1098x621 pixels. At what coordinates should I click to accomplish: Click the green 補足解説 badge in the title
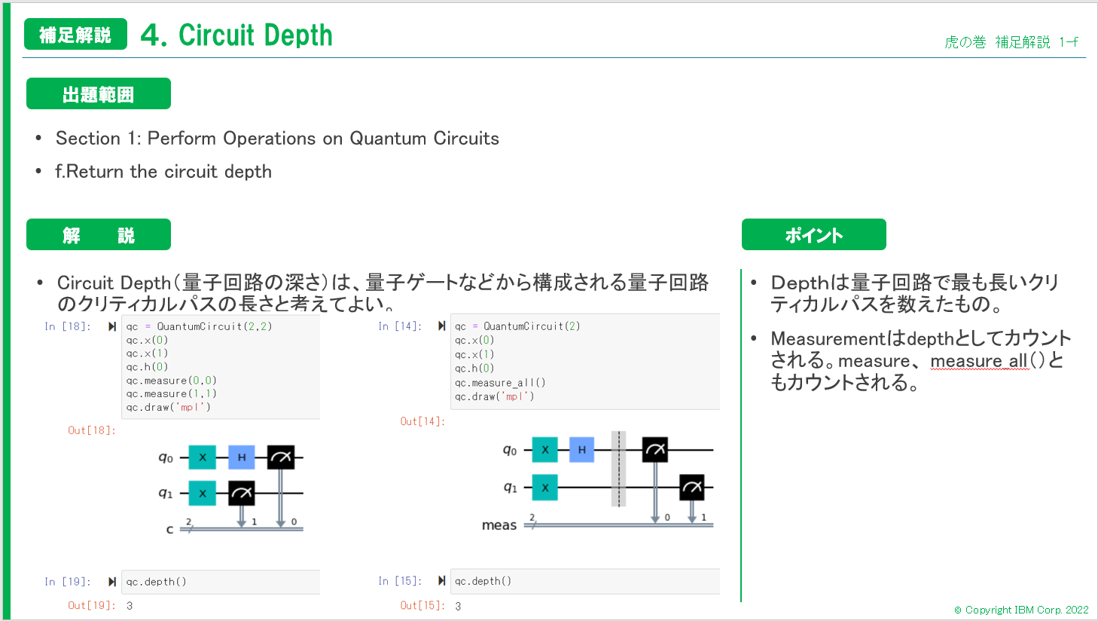click(75, 35)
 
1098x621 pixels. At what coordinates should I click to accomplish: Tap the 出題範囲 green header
click(99, 94)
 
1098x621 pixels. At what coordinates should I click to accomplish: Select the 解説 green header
click(99, 235)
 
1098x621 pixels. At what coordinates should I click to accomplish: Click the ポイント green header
click(813, 235)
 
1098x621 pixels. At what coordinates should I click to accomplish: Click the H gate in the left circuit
click(242, 457)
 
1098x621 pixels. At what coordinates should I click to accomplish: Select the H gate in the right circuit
click(581, 450)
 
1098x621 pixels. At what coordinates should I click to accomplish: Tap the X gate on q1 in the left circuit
click(203, 493)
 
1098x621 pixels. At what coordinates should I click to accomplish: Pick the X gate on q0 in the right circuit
click(545, 450)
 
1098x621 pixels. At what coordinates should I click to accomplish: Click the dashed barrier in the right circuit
click(618, 469)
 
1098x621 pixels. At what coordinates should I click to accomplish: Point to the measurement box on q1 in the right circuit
click(691, 488)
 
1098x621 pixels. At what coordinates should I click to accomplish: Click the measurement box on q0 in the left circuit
click(280, 457)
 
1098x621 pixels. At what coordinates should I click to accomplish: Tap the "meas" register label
click(499, 525)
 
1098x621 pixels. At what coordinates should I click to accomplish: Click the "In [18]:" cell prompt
click(67, 326)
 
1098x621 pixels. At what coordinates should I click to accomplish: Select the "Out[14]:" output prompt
click(422, 421)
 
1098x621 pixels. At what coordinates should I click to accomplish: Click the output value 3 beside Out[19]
click(130, 606)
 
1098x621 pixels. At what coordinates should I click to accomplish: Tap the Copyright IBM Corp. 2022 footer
click(1021, 610)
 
